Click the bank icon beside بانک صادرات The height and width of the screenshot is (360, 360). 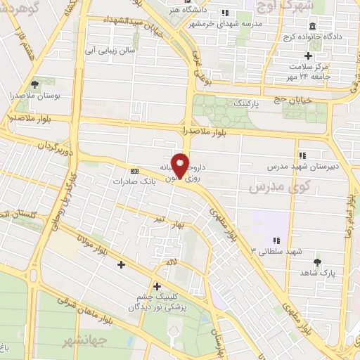(134, 170)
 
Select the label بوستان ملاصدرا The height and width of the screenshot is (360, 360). (34, 94)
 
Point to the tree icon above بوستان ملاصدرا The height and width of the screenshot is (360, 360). (34, 84)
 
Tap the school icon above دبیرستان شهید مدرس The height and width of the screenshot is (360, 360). (302, 155)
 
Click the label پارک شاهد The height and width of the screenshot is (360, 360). (318, 272)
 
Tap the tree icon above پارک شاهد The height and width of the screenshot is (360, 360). (318, 262)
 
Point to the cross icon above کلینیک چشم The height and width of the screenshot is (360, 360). (156, 286)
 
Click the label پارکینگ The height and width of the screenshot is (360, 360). (231, 103)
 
